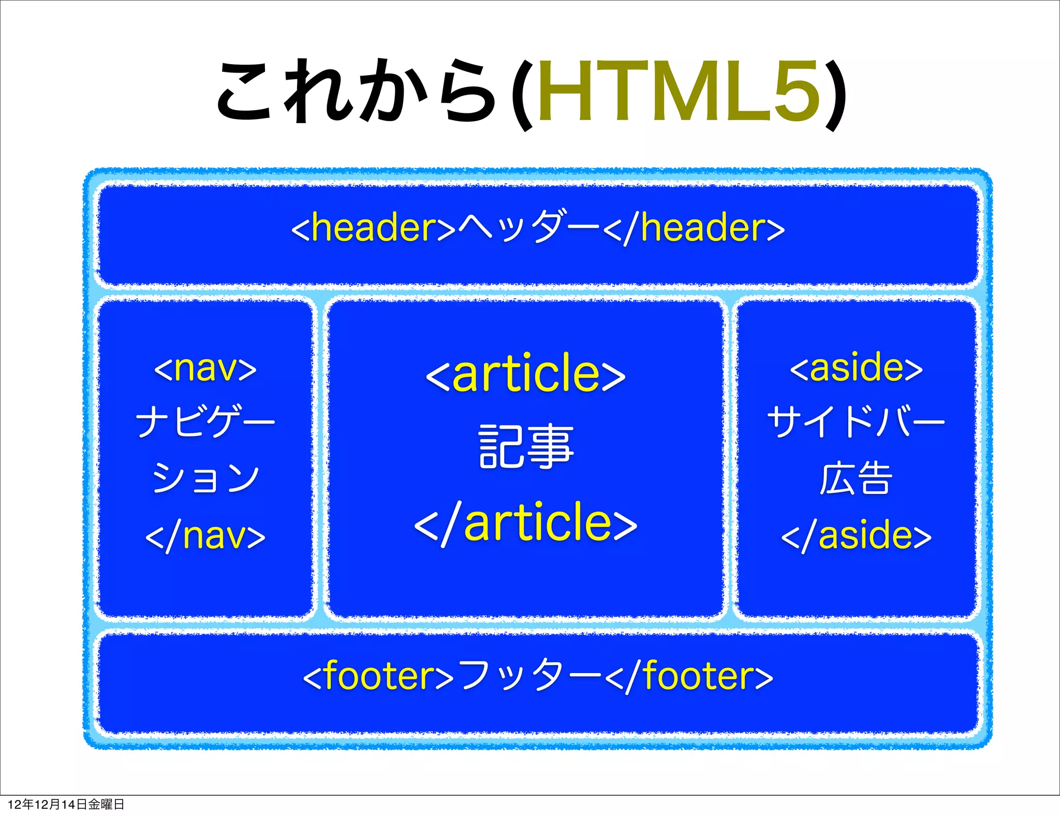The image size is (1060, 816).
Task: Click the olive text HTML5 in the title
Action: [x=678, y=92]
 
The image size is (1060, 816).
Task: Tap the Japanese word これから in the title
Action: [x=357, y=92]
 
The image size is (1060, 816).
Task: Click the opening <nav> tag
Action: [x=205, y=369]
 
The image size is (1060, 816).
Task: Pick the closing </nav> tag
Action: [x=205, y=536]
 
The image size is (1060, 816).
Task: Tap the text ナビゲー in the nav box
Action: [x=205, y=422]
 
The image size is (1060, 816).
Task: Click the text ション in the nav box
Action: [x=205, y=477]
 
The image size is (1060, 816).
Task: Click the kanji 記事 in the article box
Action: [x=526, y=446]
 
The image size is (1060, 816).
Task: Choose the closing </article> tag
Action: [x=525, y=523]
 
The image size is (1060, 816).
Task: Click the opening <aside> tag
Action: [x=856, y=369]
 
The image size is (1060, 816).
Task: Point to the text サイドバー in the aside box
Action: [x=856, y=422]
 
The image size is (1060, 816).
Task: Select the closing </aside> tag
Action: [x=856, y=536]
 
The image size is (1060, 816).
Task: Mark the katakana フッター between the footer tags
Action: [x=530, y=676]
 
